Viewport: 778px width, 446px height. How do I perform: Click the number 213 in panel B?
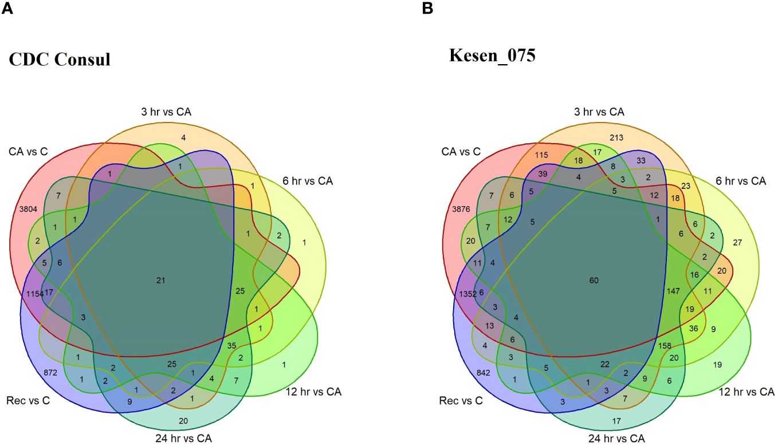click(x=616, y=137)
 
